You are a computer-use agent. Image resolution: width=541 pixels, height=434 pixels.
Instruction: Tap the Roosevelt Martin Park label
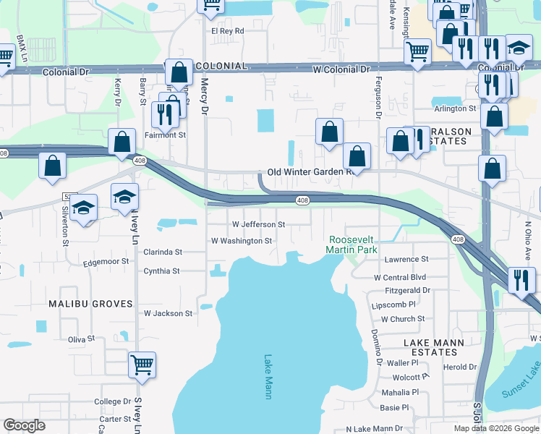[352, 244]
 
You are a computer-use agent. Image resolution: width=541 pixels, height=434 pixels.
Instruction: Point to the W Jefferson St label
[258, 224]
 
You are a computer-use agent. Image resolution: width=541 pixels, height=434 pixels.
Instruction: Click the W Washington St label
[241, 241]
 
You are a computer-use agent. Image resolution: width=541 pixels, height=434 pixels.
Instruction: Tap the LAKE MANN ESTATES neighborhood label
[432, 346]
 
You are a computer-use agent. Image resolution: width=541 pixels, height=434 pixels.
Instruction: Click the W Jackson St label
[169, 314]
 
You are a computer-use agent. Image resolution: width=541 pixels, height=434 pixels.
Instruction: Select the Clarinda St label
[163, 252]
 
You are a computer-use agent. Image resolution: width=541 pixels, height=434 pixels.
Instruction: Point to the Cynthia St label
[161, 271]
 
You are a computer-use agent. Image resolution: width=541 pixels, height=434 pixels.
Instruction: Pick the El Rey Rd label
[228, 31]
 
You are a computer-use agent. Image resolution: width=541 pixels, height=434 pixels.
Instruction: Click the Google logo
[25, 425]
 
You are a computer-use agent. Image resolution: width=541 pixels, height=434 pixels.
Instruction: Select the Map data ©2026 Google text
[495, 428]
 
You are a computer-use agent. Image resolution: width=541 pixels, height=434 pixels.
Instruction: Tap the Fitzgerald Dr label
[406, 290]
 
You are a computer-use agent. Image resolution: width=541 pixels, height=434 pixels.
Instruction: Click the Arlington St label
[455, 109]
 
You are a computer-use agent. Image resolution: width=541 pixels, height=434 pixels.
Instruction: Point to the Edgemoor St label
[106, 261]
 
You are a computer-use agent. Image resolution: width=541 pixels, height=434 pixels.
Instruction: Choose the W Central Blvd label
[399, 277]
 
